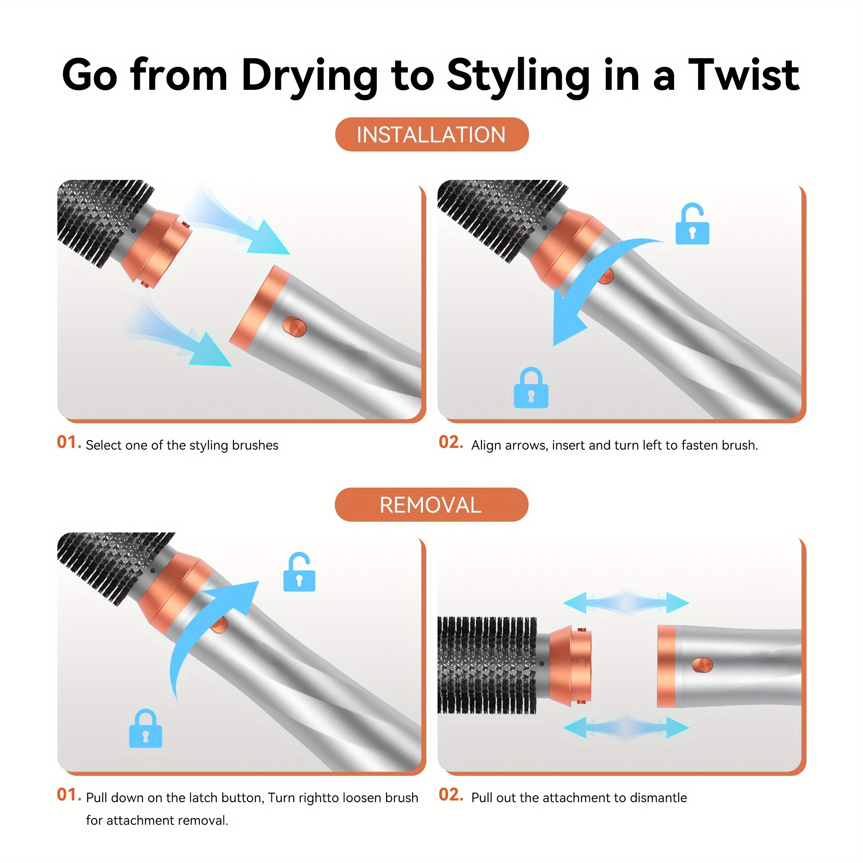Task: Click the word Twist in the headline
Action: click(x=744, y=75)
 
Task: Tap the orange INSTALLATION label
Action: click(x=431, y=135)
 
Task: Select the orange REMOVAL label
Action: click(x=431, y=505)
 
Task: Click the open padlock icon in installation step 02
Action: click(x=692, y=224)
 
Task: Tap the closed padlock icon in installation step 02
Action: click(x=531, y=388)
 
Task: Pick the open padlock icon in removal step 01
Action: click(x=299, y=573)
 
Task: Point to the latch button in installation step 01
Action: click(x=294, y=327)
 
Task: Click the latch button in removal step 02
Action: click(x=702, y=665)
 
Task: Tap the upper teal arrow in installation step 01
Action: click(x=237, y=224)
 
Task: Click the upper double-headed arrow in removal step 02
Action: click(x=626, y=603)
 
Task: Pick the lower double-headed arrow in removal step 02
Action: click(x=626, y=728)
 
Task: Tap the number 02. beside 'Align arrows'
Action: click(x=451, y=442)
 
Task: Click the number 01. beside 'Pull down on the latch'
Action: click(x=69, y=795)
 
